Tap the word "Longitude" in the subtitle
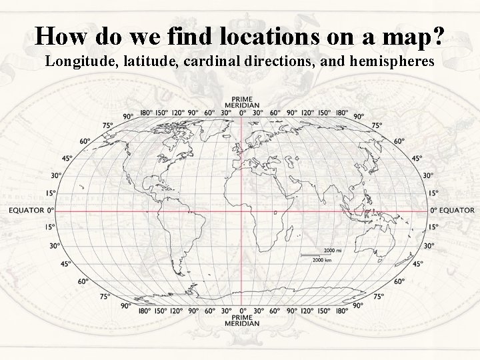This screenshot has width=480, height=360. coord(75,62)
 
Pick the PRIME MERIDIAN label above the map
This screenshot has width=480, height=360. coord(241,103)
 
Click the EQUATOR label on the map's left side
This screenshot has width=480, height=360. coord(26,210)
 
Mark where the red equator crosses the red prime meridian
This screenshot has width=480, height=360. coord(241,210)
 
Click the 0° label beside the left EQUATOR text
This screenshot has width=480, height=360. coord(51,210)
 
